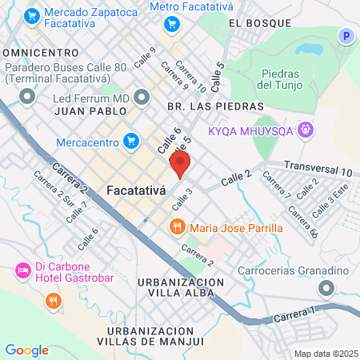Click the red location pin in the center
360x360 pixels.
pos(180,166)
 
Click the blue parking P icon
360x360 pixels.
pos(346,36)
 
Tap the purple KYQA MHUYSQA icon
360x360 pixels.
pos(304,129)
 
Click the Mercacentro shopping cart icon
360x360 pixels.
pos(132,142)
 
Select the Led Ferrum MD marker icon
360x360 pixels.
pos(142,98)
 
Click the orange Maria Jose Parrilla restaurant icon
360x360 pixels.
pos(178,227)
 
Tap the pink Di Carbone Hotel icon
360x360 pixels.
pos(22,272)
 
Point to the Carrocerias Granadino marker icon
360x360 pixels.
pos(326,287)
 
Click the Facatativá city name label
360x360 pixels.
pos(135,191)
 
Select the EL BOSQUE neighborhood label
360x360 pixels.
pos(257,24)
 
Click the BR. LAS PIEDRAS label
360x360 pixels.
pos(215,106)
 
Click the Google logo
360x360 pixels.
pos(26,350)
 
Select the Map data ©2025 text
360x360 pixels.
pos(323,354)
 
